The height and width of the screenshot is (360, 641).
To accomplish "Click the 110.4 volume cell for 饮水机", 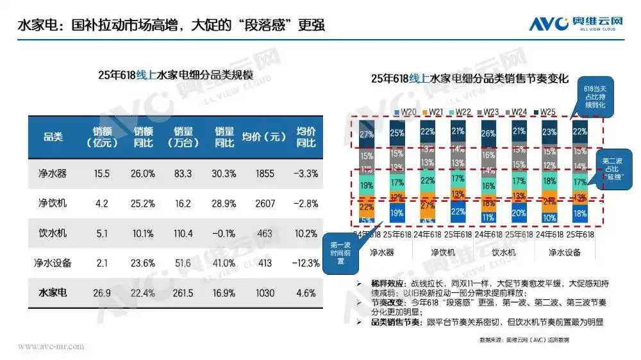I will (x=183, y=233).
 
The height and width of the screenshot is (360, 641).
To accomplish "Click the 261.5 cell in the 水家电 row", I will (x=183, y=293).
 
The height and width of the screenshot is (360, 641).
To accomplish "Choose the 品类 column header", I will (x=53, y=136).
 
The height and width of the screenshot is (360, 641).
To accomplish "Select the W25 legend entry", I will (x=546, y=111).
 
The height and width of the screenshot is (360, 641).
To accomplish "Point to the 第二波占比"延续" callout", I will (x=615, y=167).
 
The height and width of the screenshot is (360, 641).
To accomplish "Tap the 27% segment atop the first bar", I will (x=366, y=134).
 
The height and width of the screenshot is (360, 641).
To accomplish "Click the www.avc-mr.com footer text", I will (x=51, y=347).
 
